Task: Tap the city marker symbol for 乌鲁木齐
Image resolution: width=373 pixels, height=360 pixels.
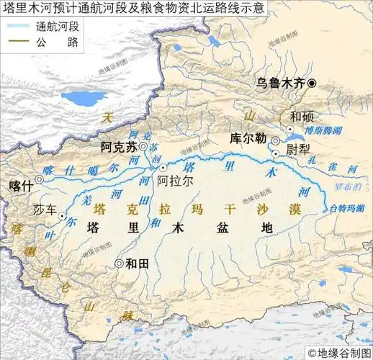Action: click(x=312, y=84)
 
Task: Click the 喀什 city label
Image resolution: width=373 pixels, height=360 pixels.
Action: click(x=21, y=184)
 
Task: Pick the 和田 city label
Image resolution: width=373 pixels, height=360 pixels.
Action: click(x=137, y=264)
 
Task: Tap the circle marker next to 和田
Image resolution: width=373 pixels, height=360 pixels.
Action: click(x=118, y=264)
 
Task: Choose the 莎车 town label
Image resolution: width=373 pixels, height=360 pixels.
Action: click(x=45, y=212)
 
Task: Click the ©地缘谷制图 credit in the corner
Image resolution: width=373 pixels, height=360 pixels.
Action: click(x=338, y=353)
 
